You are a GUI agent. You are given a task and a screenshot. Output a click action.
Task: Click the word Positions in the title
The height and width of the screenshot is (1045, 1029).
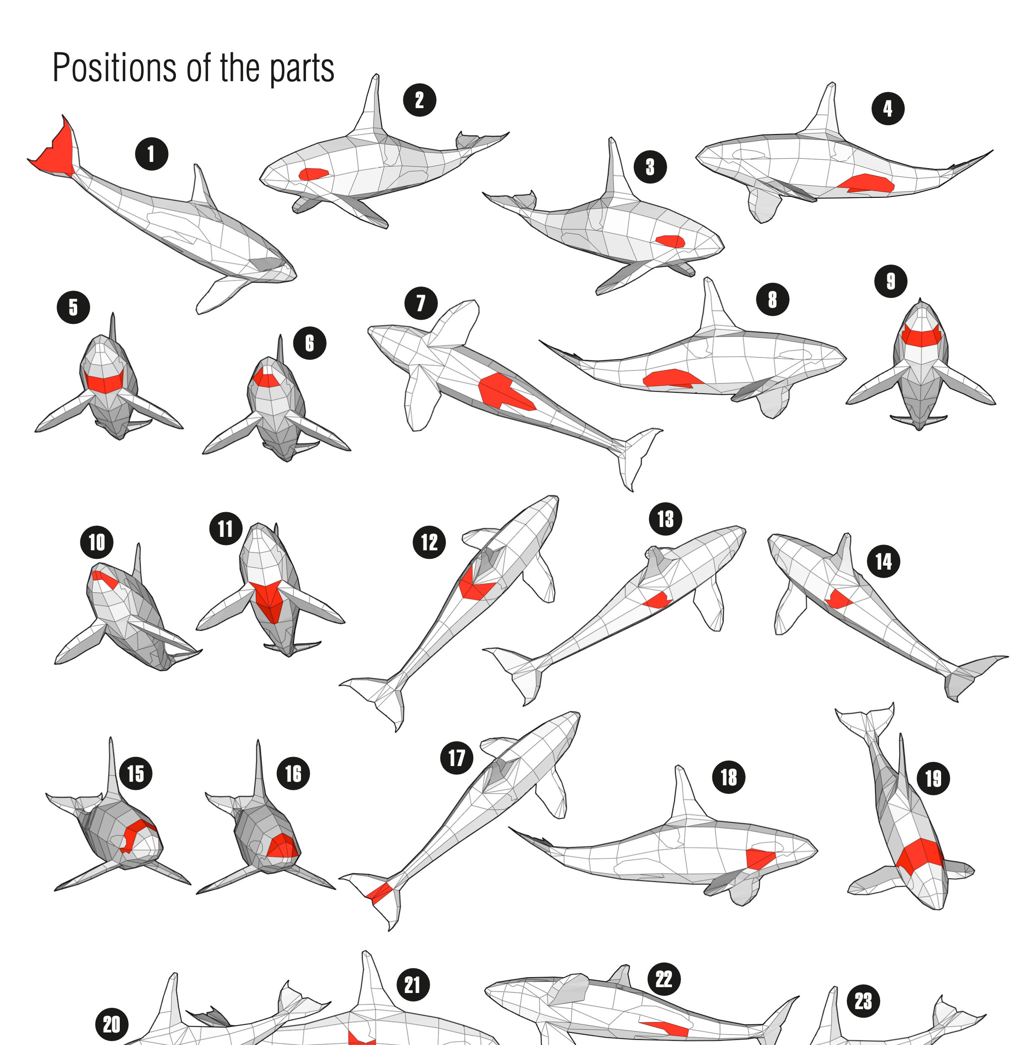click(x=114, y=68)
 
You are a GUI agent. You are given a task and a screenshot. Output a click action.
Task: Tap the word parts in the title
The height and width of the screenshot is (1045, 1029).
click(x=302, y=70)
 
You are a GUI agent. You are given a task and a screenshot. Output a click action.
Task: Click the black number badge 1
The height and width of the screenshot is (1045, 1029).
click(x=151, y=154)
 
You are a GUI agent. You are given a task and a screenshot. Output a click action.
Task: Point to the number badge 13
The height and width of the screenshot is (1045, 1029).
click(x=665, y=519)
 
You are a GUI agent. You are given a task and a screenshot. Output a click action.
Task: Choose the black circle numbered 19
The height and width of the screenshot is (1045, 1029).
click(x=933, y=778)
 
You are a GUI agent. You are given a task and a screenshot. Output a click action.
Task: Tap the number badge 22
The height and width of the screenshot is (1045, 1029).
click(x=664, y=979)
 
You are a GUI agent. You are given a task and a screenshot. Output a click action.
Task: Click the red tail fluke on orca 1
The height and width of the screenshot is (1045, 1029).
click(x=56, y=150)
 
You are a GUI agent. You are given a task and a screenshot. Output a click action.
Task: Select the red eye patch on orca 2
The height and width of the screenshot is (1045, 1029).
click(x=313, y=174)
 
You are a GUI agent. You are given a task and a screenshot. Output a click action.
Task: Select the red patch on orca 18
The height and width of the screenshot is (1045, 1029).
click(x=759, y=858)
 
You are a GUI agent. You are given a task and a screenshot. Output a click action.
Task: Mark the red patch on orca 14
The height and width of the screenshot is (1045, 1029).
click(x=837, y=599)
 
